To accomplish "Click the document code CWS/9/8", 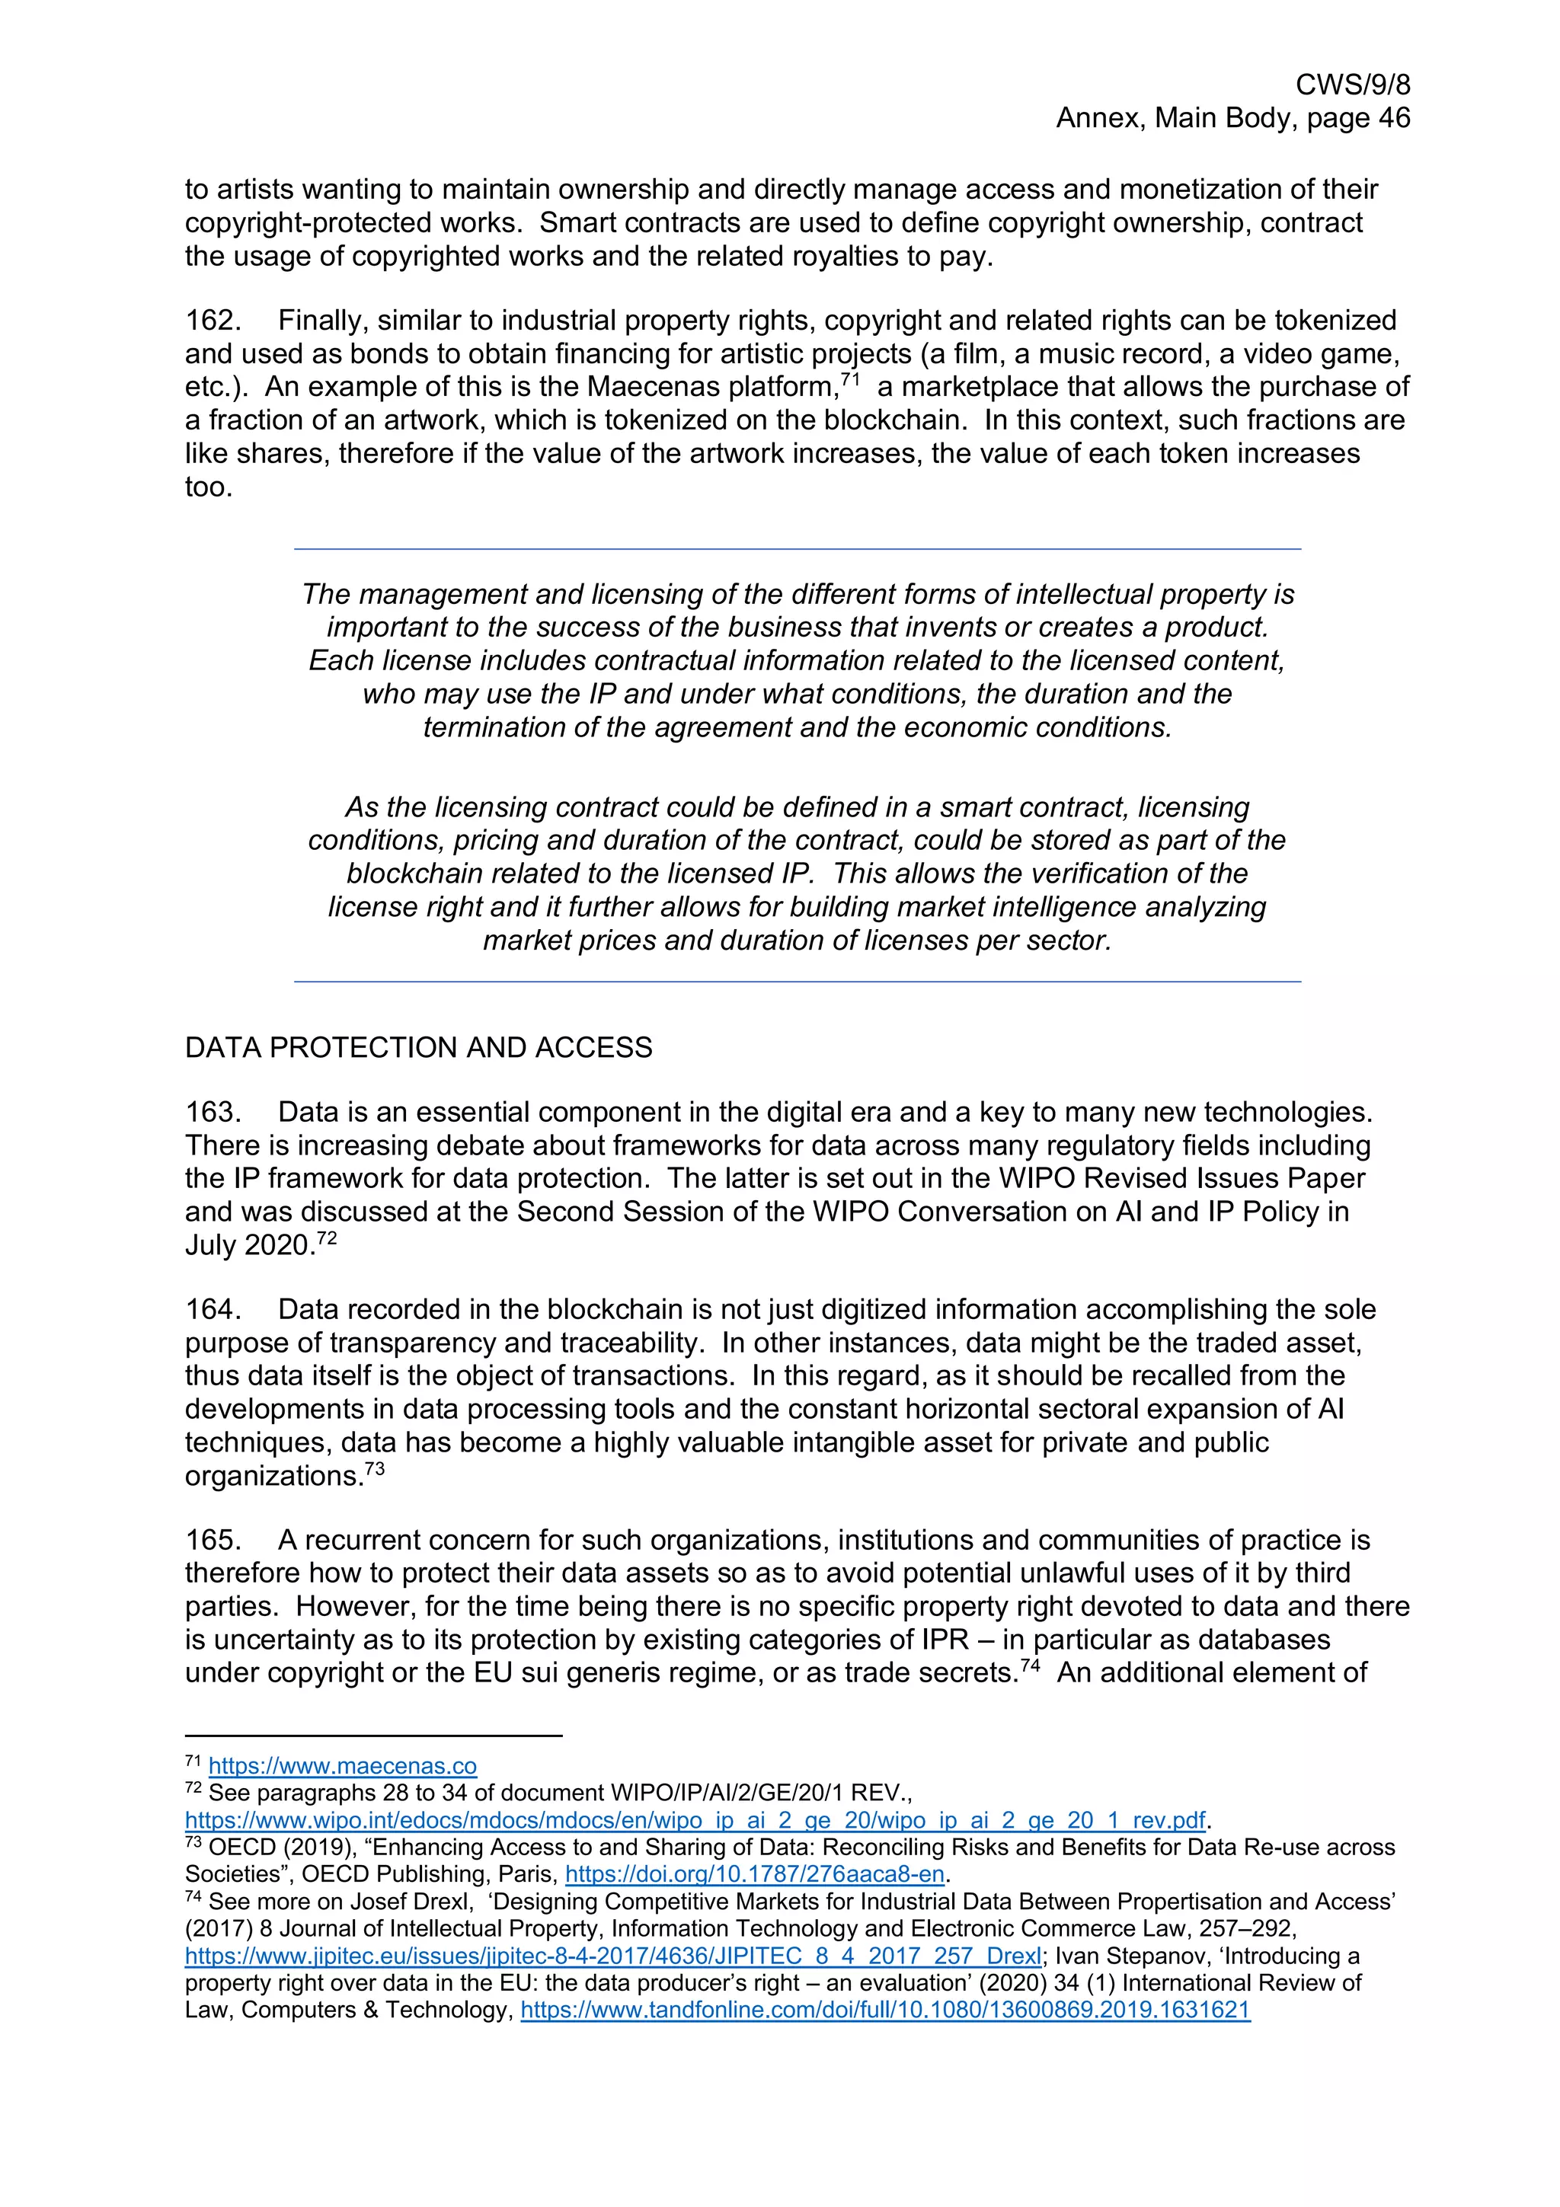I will tap(1352, 85).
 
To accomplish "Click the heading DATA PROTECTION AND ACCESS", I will tap(418, 1047).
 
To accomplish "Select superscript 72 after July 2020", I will tap(327, 1238).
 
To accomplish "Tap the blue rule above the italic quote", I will tap(797, 549).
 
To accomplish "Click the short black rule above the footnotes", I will tap(373, 1736).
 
